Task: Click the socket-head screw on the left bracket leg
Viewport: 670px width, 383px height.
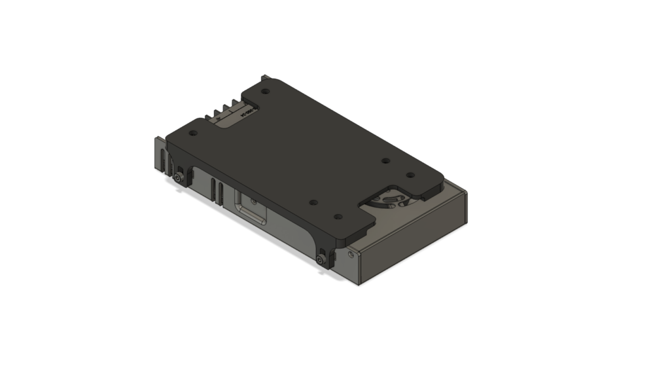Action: click(x=179, y=178)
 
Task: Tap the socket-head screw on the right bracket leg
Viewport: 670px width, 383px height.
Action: click(x=319, y=260)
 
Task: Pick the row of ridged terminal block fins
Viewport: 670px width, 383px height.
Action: click(x=225, y=109)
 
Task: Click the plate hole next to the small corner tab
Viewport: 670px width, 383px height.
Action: click(x=266, y=91)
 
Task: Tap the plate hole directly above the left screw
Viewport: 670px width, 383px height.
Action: click(x=192, y=133)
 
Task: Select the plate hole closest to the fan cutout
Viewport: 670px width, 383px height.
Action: click(x=410, y=175)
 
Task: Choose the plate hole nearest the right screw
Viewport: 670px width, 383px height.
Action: click(x=337, y=216)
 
